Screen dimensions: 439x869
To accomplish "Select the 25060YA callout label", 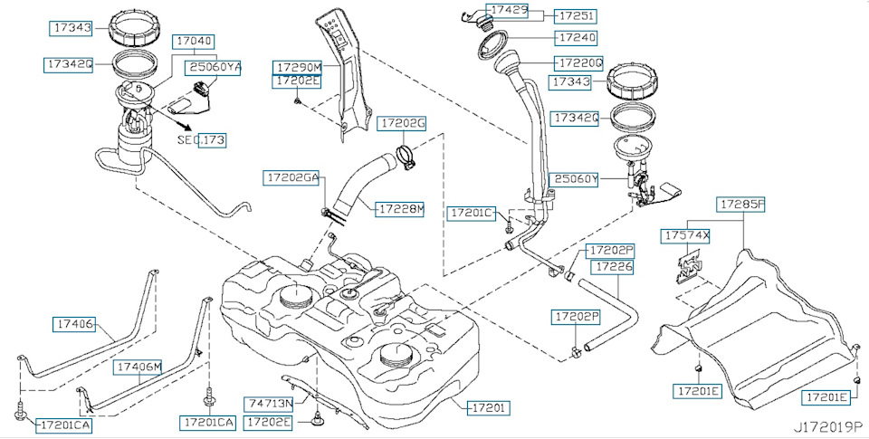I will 214,66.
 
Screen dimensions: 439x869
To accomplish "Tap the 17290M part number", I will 298,67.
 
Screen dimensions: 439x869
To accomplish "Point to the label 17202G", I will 402,122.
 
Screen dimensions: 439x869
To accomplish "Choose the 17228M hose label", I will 400,208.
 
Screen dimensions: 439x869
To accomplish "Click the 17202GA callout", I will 292,178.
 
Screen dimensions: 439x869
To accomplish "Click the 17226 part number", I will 613,267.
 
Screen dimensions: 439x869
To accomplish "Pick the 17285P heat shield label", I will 741,205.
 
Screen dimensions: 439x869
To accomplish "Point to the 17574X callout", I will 687,235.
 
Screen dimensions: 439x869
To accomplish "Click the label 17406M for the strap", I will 138,367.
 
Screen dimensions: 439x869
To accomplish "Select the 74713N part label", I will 270,402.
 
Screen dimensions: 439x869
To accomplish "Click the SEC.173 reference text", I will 201,140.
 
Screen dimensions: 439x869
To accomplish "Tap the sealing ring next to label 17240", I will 495,41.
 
